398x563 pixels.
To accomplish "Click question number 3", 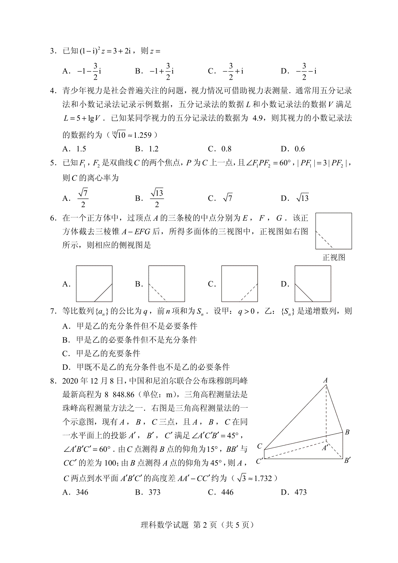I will pyautogui.click(x=52, y=51).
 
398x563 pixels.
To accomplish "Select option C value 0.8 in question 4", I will pyautogui.click(x=227, y=149).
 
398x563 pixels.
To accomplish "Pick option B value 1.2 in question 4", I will pyautogui.click(x=154, y=149).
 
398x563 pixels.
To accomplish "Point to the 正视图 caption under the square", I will pyautogui.click(x=334, y=257).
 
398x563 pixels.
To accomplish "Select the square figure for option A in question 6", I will pyautogui.click(x=94, y=283).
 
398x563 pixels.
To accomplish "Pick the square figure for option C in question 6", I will pyautogui.click(x=239, y=283).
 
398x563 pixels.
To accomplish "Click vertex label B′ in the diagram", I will pyautogui.click(x=347, y=461).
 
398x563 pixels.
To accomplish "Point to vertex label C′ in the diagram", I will pyautogui.click(x=260, y=461).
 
